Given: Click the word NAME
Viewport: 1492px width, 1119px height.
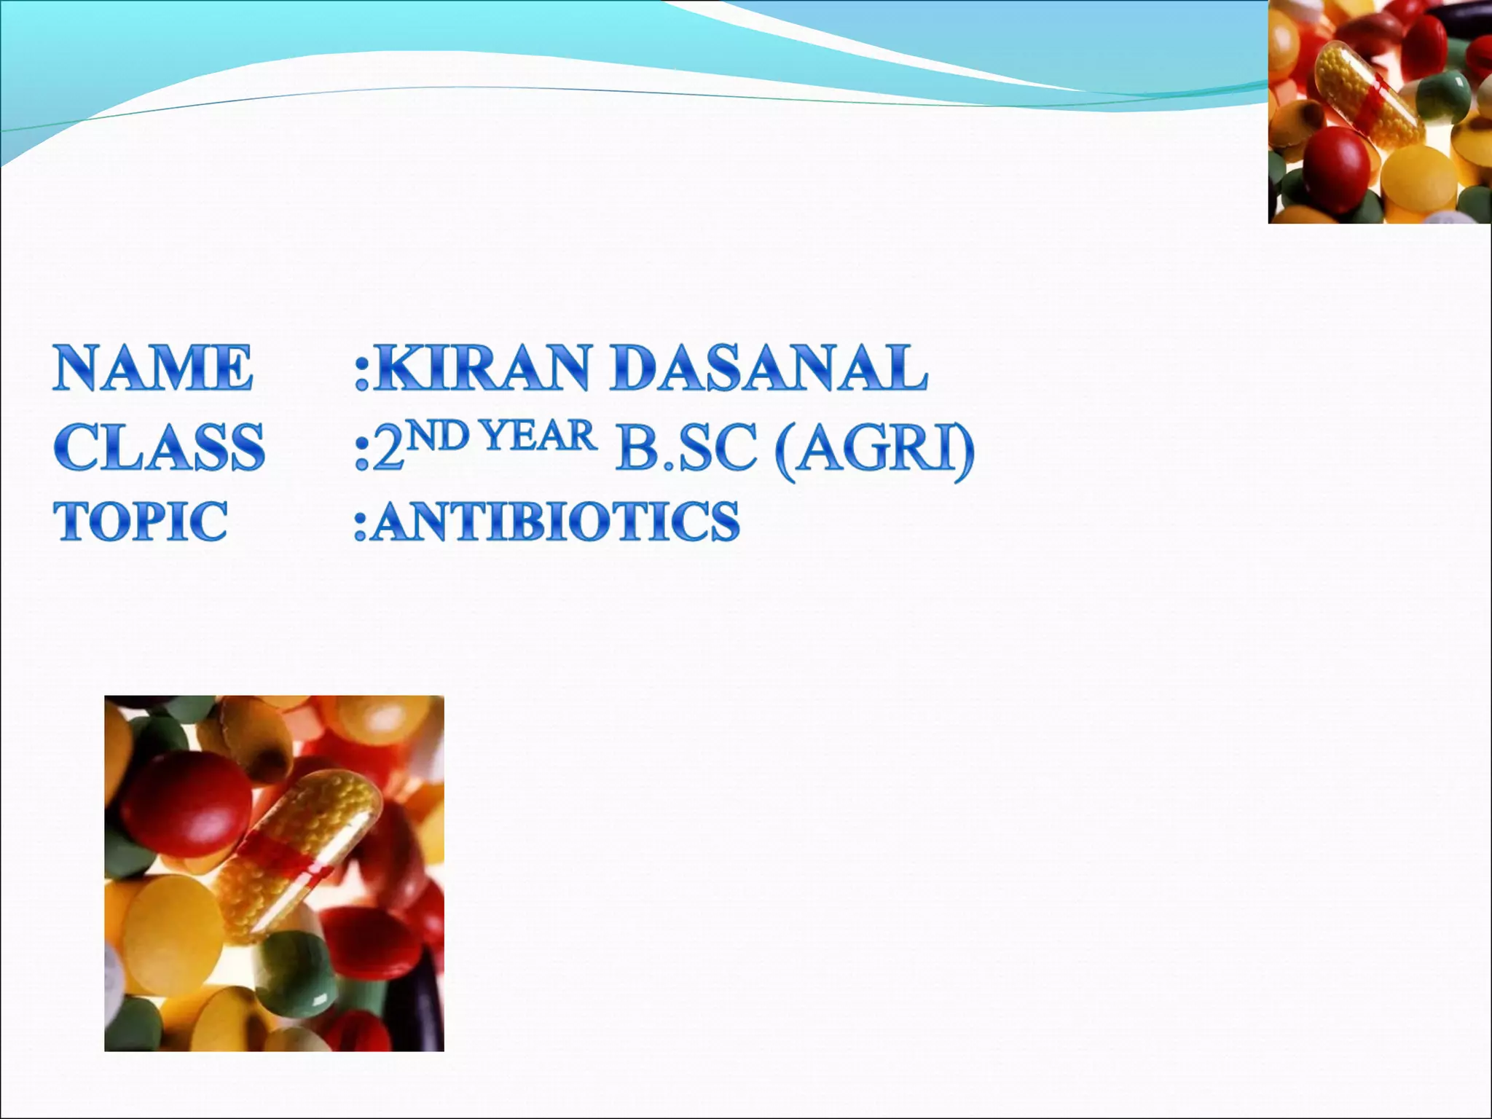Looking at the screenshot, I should (153, 368).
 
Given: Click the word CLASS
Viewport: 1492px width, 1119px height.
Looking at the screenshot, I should (159, 447).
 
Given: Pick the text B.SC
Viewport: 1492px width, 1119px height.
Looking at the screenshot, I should (684, 448).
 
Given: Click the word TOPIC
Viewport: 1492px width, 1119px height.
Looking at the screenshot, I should (141, 521).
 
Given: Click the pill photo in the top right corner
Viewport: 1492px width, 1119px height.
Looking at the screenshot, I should (1379, 111).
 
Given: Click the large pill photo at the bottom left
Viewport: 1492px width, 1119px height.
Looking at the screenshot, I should (274, 873).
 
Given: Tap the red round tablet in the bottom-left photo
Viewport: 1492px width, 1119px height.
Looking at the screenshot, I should (185, 809).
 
